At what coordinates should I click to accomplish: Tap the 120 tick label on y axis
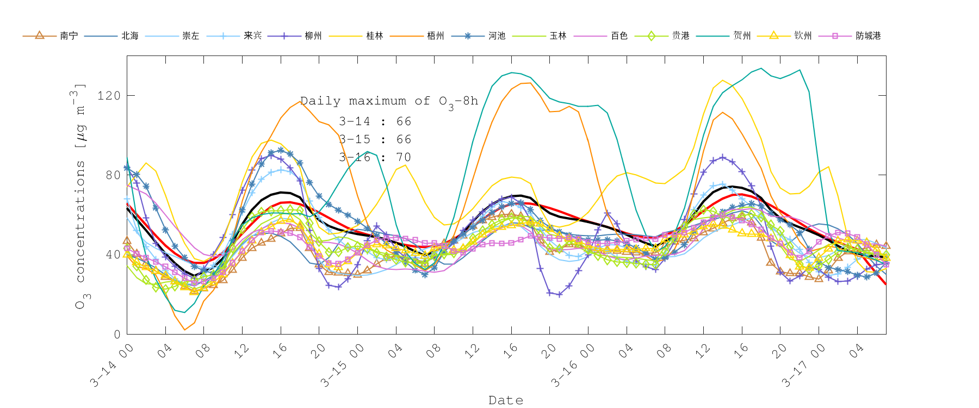pyautogui.click(x=109, y=96)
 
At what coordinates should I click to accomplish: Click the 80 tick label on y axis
pyautogui.click(x=113, y=175)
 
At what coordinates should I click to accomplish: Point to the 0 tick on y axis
pyautogui.click(x=116, y=335)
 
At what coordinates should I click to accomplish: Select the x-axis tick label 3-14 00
pyautogui.click(x=112, y=366)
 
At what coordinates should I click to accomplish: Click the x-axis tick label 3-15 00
pyautogui.click(x=342, y=366)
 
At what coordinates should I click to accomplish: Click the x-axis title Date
pyautogui.click(x=506, y=400)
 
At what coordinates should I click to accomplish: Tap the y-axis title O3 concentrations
pyautogui.click(x=80, y=196)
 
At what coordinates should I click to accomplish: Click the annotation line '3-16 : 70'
pyautogui.click(x=375, y=157)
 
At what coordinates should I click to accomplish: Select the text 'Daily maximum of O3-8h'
pyautogui.click(x=389, y=101)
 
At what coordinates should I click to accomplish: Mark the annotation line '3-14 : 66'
pyautogui.click(x=375, y=121)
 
